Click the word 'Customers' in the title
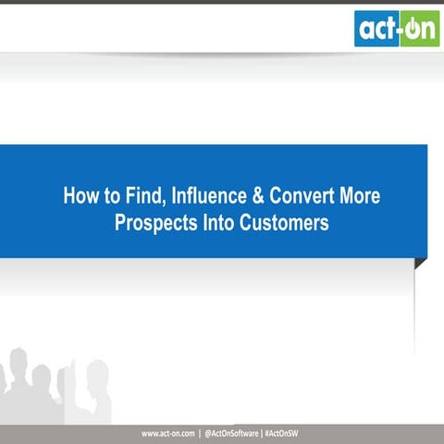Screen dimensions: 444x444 pos(284,223)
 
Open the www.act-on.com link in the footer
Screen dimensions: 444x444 pos(167,434)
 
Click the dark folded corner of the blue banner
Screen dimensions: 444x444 pos(420,264)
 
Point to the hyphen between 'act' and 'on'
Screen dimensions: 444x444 pos(399,31)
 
